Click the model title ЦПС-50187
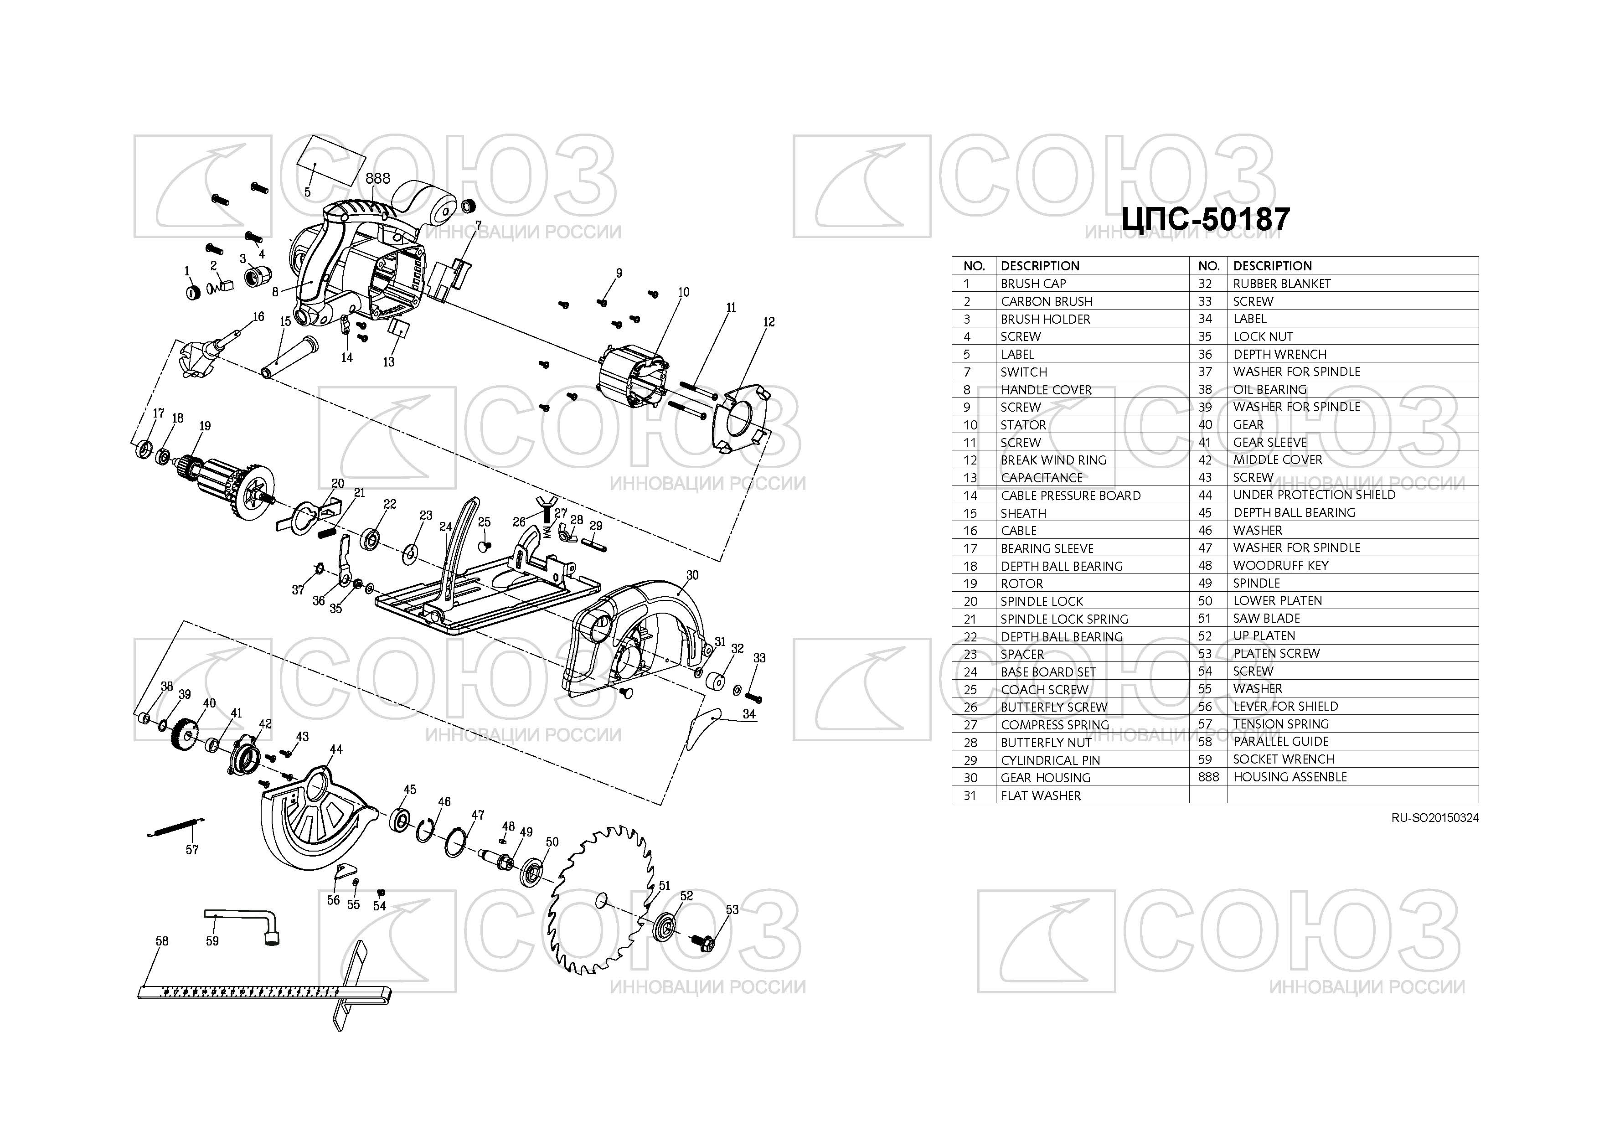pos(1206,219)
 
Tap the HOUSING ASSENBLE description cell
pos(1290,776)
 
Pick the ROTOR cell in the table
pos(1021,584)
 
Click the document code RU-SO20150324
pos(1434,818)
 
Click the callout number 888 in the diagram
pos(378,178)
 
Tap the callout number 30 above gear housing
pos(692,575)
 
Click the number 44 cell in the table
pos(1206,495)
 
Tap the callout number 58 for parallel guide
pos(161,941)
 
